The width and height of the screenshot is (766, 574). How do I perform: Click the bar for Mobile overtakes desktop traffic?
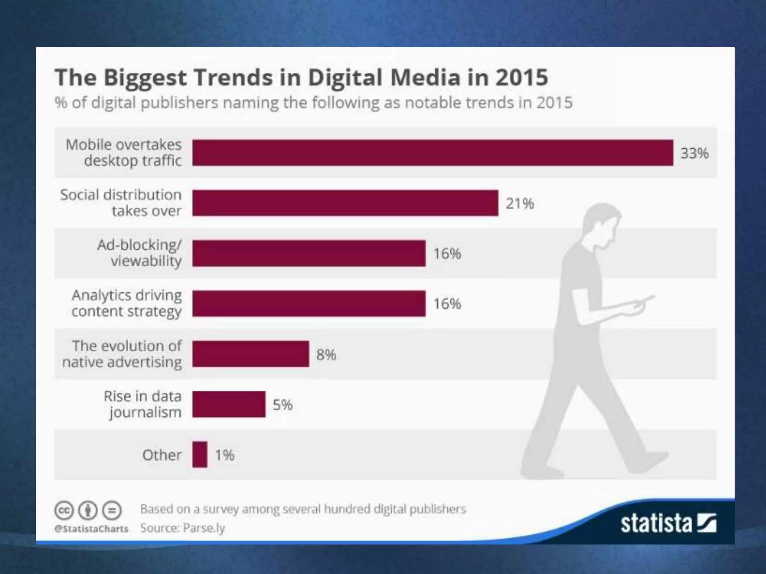coord(432,152)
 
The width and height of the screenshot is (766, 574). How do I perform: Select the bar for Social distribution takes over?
coord(345,203)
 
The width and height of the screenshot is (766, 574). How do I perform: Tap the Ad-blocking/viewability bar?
coord(309,253)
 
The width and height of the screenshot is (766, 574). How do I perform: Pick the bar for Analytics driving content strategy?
coord(309,303)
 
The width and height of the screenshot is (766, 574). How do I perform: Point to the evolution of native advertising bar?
coord(251,354)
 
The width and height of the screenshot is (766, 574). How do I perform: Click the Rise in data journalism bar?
coord(229,404)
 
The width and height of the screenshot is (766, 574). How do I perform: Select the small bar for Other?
coord(200,454)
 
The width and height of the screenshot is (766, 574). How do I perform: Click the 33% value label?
coord(694,153)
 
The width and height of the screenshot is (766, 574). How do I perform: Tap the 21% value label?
coord(520,204)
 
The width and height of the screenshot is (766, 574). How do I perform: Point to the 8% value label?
coord(326,355)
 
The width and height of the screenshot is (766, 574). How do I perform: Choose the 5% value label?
coord(282,405)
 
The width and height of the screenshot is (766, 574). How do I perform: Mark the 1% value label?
coord(224,455)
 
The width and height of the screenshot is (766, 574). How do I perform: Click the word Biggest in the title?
coord(145,78)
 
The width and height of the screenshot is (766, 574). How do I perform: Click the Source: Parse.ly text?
coord(183,528)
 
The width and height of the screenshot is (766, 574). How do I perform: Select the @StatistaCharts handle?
coord(91,528)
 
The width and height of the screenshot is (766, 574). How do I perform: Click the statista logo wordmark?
coord(656,523)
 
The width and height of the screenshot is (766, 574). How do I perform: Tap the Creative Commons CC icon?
coord(64,510)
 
